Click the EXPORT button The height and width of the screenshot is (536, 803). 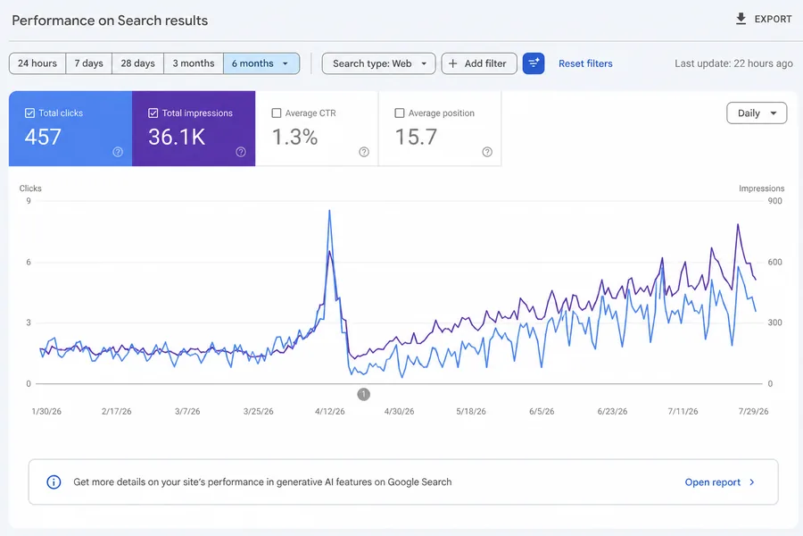coord(764,20)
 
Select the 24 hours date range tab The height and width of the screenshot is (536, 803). coord(37,63)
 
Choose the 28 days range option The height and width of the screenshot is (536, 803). coord(137,63)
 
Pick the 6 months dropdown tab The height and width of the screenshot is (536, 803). coord(261,63)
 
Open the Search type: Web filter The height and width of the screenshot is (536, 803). coord(379,63)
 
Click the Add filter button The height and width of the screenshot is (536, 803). coord(479,63)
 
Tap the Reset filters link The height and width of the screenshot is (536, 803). coord(585,63)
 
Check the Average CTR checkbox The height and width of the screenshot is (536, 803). coord(277,113)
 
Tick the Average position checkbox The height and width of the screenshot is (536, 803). coord(400,113)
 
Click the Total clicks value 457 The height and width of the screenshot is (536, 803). coord(43,137)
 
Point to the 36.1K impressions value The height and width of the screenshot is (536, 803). coord(177,137)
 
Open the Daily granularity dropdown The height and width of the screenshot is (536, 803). coord(757,113)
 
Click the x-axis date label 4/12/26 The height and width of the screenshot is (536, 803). coord(330,411)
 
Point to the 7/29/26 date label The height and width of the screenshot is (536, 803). coord(753,411)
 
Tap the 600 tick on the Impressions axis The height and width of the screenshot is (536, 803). coord(774,262)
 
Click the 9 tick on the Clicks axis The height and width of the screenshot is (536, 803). coord(29,200)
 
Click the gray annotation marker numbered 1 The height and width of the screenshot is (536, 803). coord(364,394)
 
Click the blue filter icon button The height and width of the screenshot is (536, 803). coord(534,63)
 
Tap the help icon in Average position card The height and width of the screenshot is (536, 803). coord(487,152)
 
